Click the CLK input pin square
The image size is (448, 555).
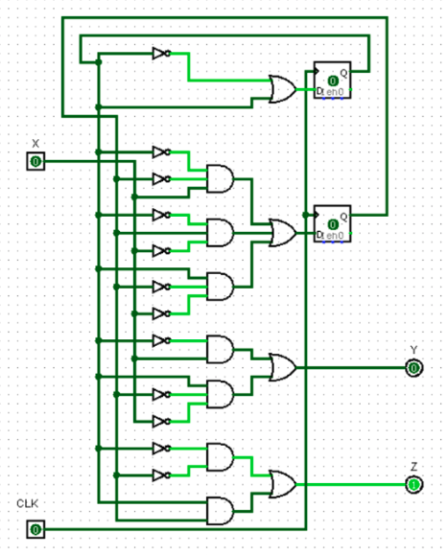click(35, 529)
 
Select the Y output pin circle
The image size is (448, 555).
click(413, 367)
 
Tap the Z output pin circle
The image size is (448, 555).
click(413, 484)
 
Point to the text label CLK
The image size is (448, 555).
click(27, 503)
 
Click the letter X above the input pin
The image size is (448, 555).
click(35, 143)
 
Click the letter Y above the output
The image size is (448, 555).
click(413, 349)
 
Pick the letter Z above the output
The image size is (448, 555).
click(413, 467)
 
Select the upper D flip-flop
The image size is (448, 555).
click(332, 81)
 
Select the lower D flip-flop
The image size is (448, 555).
click(332, 224)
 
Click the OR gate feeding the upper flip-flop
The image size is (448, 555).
click(283, 90)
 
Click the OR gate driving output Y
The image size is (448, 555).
click(283, 367)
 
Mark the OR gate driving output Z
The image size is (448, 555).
click(283, 484)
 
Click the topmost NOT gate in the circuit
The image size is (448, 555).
click(160, 54)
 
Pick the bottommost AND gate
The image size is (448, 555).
click(220, 510)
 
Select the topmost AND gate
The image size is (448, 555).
click(220, 178)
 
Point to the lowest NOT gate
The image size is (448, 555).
click(160, 474)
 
